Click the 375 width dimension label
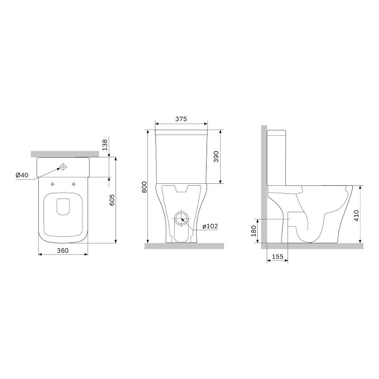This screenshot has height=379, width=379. (x=181, y=119)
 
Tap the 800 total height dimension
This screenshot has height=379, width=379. (x=144, y=187)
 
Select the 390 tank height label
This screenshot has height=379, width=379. (x=216, y=157)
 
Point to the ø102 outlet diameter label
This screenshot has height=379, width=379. (x=210, y=226)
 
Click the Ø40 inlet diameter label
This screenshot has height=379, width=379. (x=22, y=175)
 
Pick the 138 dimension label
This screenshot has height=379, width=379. (x=105, y=145)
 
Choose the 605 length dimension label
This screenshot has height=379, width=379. (x=112, y=200)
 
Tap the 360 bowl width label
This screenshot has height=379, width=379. (x=63, y=251)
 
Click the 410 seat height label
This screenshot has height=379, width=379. (x=356, y=216)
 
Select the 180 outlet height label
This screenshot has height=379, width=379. (x=253, y=231)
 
